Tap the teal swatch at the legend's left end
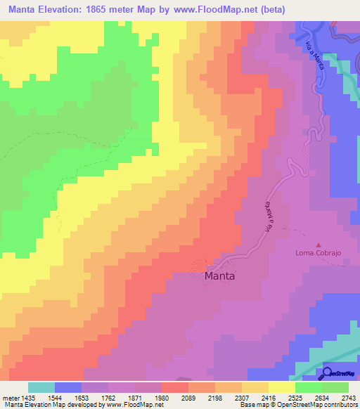tap(41, 387)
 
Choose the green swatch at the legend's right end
tap(335, 387)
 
